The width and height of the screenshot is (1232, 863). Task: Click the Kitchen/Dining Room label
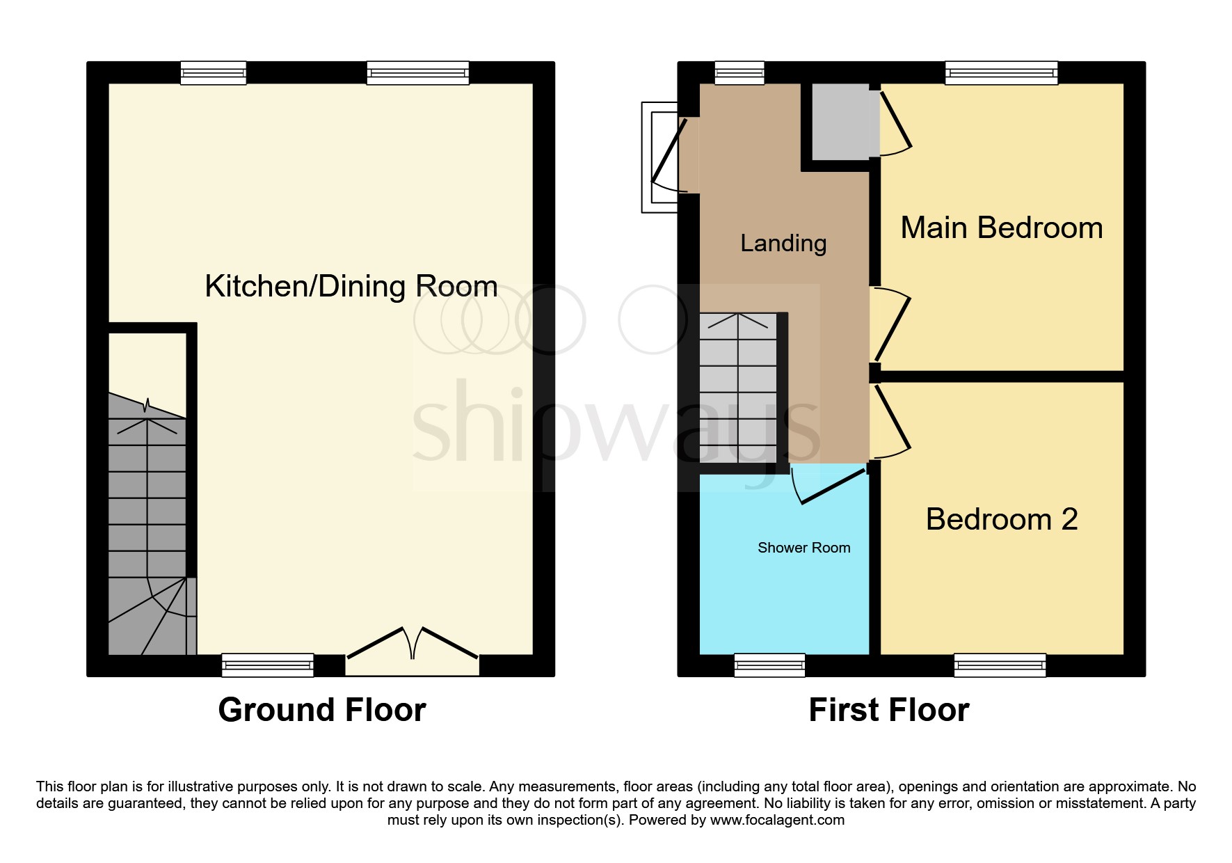pyautogui.click(x=351, y=286)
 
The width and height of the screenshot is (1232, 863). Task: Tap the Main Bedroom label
pyautogui.click(x=1001, y=228)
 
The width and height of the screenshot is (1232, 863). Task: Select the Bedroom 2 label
pyautogui.click(x=1001, y=519)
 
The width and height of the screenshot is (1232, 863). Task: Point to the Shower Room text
pyautogui.click(x=803, y=548)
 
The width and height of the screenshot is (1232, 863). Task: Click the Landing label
pyautogui.click(x=783, y=243)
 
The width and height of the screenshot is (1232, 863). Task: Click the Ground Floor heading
pyautogui.click(x=321, y=710)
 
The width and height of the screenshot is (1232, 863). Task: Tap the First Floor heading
pyautogui.click(x=888, y=710)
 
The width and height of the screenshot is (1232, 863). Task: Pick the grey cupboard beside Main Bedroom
pyautogui.click(x=840, y=121)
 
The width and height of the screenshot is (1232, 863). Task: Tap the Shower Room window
pyautogui.click(x=769, y=665)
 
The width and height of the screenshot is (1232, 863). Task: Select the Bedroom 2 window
pyautogui.click(x=1000, y=665)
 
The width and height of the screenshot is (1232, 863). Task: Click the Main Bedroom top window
pyautogui.click(x=1001, y=72)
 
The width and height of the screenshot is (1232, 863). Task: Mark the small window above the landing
pyautogui.click(x=739, y=72)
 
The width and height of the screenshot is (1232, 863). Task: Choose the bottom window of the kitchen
pyautogui.click(x=267, y=665)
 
